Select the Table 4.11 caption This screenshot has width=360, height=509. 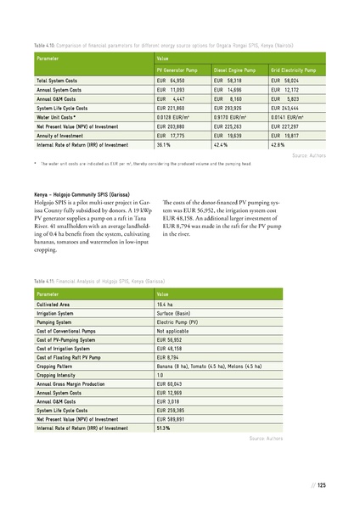tap(99, 280)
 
